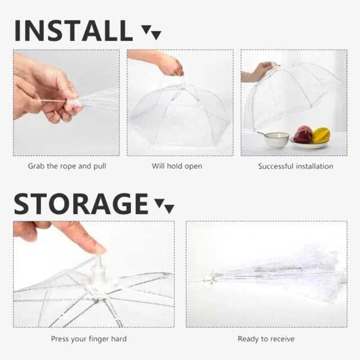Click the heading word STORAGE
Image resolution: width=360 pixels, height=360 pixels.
tap(81, 203)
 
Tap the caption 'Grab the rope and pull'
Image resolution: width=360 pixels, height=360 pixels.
tap(67, 166)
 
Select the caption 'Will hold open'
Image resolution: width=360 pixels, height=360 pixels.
tap(177, 166)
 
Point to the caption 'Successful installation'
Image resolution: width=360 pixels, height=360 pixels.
tap(295, 166)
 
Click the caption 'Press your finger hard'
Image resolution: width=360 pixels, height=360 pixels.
tap(89, 339)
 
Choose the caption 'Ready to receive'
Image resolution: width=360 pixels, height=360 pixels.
tap(266, 339)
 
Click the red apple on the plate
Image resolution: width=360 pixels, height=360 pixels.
tap(303, 135)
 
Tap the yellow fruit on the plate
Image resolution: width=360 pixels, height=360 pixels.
tap(321, 135)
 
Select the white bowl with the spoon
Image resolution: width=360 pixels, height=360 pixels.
tap(276, 139)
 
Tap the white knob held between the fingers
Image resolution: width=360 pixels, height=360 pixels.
tap(74, 103)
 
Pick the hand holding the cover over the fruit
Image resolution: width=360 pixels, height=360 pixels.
tap(260, 71)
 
